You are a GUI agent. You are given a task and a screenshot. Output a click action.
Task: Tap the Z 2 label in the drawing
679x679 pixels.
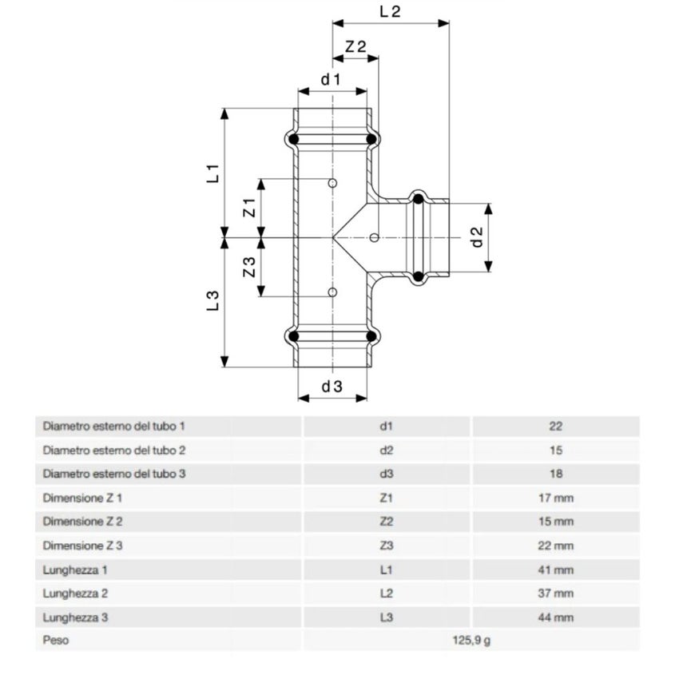[x=355, y=47]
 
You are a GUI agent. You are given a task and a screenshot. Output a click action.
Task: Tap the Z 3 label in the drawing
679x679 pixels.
[x=249, y=268]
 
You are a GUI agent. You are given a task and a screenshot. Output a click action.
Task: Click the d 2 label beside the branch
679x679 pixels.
[x=477, y=237]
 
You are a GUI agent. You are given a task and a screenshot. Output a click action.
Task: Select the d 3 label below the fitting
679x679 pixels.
[x=332, y=387]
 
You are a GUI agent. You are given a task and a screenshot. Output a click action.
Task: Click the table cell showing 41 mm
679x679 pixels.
[x=556, y=570]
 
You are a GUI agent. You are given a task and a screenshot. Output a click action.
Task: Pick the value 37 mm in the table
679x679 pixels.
[x=556, y=594]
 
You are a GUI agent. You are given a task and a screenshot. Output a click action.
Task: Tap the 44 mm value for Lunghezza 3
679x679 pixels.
[x=556, y=617]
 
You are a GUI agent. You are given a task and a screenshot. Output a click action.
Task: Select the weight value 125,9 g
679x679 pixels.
[x=472, y=641]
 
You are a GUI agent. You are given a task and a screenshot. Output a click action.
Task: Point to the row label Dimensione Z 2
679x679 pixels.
[x=83, y=522]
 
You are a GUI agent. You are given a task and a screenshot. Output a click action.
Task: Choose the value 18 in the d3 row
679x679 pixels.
[x=556, y=474]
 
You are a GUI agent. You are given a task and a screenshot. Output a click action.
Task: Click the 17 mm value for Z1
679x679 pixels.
[x=556, y=498]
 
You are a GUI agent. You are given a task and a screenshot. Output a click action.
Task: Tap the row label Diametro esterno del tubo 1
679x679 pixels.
[x=114, y=427]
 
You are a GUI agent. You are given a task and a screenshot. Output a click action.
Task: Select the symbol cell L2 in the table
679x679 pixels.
[x=387, y=594]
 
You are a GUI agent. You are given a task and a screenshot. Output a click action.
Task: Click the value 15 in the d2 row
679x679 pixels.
[x=556, y=450]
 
